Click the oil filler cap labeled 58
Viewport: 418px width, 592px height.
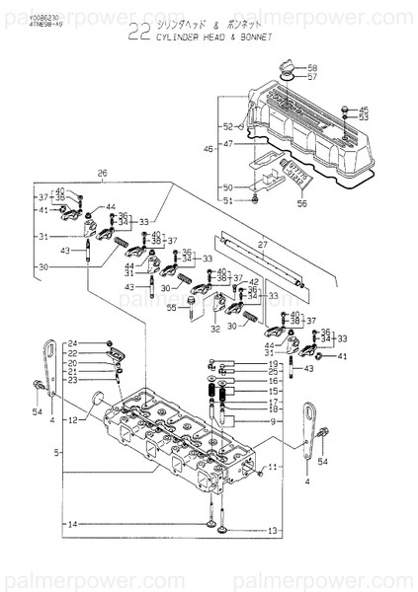coord(288,68)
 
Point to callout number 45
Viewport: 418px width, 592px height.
coord(363,110)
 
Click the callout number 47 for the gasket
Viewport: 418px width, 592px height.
coord(228,144)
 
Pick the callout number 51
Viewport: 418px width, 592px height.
coord(228,200)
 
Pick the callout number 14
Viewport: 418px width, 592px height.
coord(72,523)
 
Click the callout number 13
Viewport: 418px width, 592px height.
coord(273,531)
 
